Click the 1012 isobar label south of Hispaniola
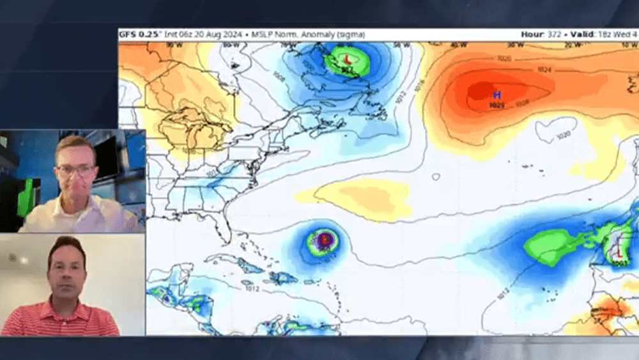(252, 288)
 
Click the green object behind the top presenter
(26, 198)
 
